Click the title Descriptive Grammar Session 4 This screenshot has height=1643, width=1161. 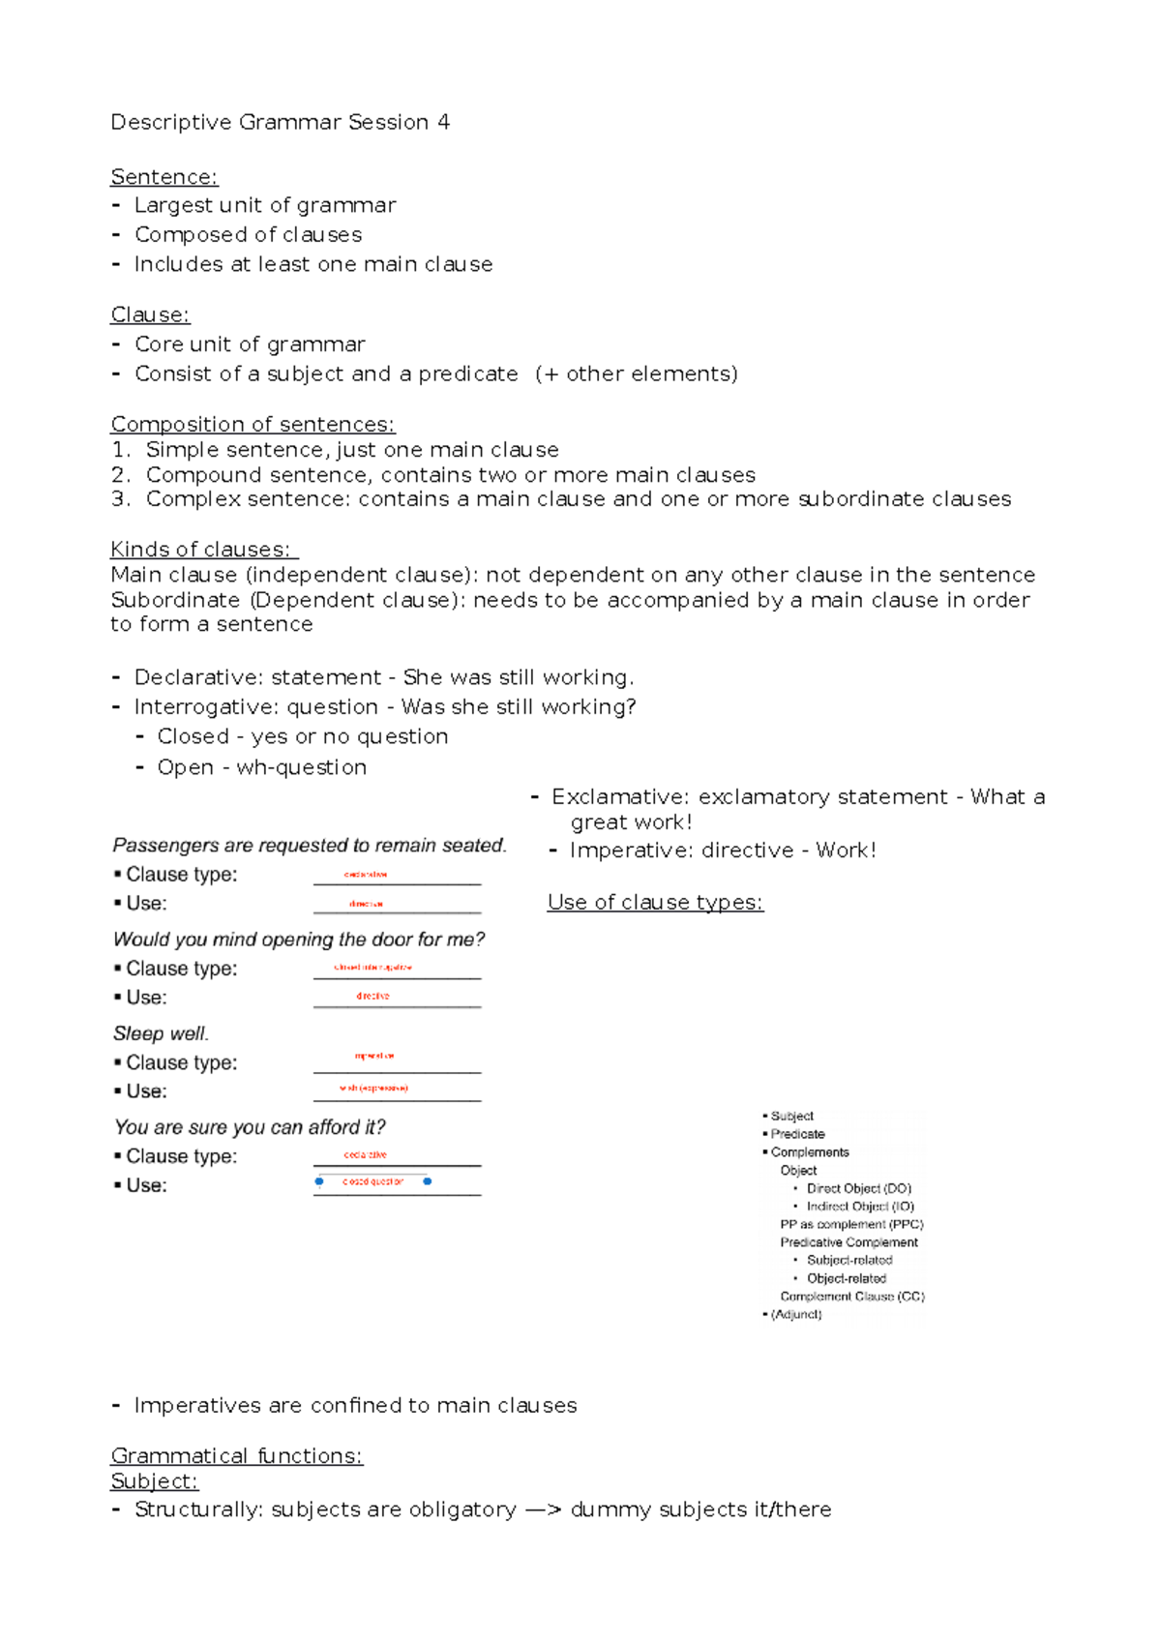coord(280,122)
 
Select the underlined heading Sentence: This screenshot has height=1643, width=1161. coord(164,177)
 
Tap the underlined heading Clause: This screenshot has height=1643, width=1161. coord(150,315)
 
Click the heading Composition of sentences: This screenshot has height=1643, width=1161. coord(253,425)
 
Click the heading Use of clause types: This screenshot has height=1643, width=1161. coord(655,903)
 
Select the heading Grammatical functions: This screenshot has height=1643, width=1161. coord(237,1456)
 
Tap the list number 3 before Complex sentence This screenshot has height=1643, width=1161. coord(119,499)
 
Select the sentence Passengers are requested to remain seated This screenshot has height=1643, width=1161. coord(310,846)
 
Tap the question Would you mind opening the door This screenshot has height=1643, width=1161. coord(299,940)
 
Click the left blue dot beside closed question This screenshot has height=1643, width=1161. coord(319,1181)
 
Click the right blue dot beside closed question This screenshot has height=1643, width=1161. coord(428,1181)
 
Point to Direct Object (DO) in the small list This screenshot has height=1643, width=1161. coord(859,1188)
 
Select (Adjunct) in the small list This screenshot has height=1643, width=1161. coord(796,1314)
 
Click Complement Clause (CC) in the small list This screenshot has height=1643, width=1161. coord(852,1297)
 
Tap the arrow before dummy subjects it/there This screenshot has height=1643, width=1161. coord(543,1510)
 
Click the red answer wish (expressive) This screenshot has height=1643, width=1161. coord(373,1089)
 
